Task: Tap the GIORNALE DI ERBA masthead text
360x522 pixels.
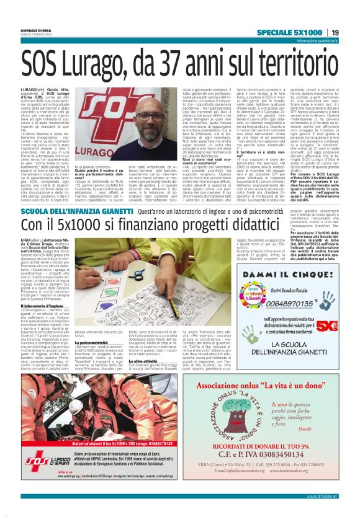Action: click(x=35, y=29)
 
